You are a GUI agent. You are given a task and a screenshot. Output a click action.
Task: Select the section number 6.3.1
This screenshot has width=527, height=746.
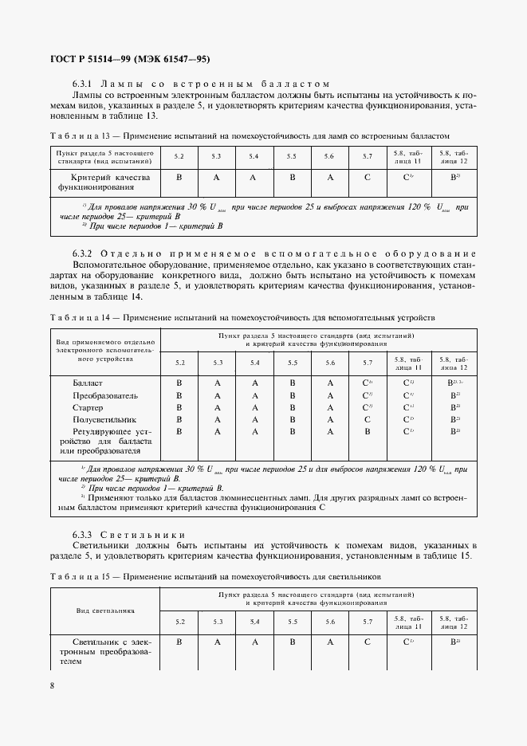click(83, 84)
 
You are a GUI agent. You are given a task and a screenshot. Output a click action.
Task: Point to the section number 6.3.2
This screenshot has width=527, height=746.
click(83, 253)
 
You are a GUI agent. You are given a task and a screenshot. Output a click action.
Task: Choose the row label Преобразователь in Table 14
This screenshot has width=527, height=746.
click(105, 395)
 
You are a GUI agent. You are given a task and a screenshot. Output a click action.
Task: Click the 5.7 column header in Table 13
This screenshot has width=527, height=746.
click(367, 156)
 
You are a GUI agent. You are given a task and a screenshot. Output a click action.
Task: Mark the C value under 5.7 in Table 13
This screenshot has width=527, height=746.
click(367, 178)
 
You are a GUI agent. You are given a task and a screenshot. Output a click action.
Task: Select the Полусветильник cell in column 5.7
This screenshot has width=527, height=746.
click(367, 419)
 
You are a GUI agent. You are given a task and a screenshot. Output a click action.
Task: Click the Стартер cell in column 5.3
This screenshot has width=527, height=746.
click(217, 407)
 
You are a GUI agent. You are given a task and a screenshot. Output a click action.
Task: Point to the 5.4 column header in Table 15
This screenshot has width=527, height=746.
click(254, 621)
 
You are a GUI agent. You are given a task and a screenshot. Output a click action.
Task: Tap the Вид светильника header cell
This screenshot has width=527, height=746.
click(105, 611)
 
